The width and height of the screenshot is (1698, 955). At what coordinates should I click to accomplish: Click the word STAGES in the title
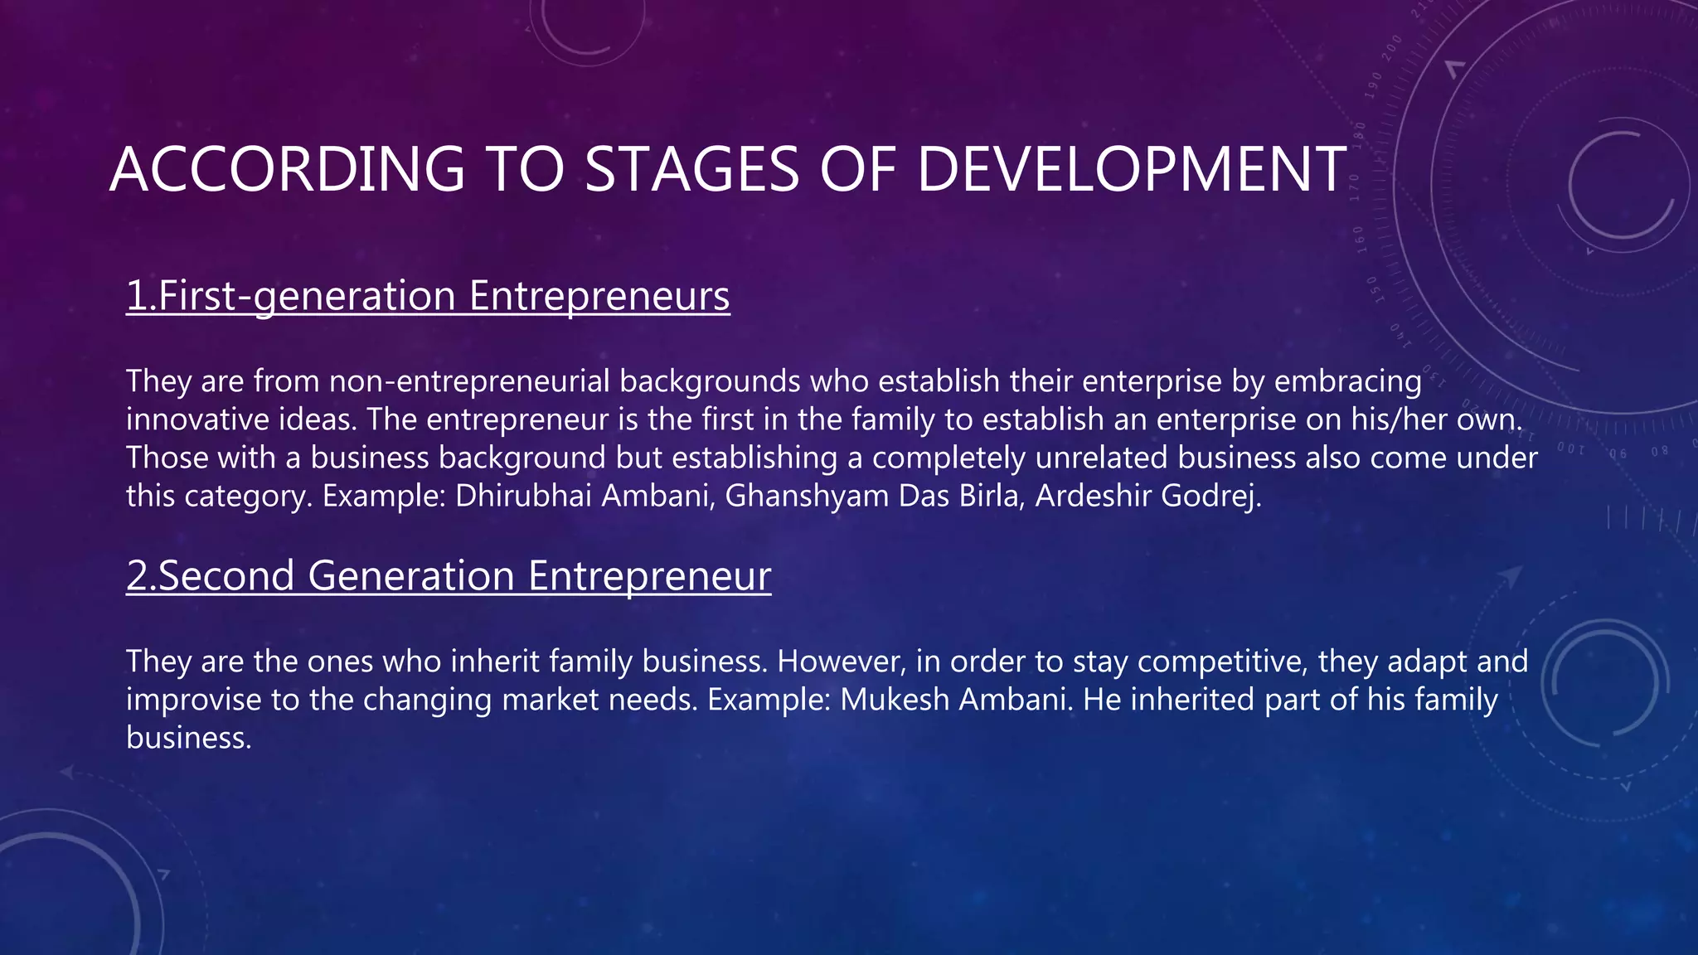[x=691, y=169]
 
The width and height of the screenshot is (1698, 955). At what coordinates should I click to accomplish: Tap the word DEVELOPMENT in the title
[x=1131, y=169]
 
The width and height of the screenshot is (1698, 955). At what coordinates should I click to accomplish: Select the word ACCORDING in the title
[x=287, y=169]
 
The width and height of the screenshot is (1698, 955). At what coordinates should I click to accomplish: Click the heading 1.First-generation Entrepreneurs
[x=428, y=296]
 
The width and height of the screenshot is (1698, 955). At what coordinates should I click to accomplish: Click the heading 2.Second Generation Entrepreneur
[x=449, y=575]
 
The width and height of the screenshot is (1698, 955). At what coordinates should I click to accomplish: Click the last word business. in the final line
[x=189, y=738]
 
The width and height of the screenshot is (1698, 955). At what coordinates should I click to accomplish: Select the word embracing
[x=1348, y=381]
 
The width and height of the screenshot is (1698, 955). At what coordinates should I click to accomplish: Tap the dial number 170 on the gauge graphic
[x=1355, y=187]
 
